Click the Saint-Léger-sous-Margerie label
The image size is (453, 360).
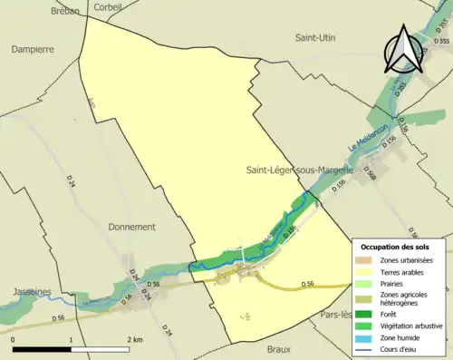[x=299, y=170]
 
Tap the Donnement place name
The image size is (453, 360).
[x=131, y=227]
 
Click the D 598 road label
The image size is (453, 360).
[x=369, y=171]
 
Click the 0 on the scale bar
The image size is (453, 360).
[x=14, y=339]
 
